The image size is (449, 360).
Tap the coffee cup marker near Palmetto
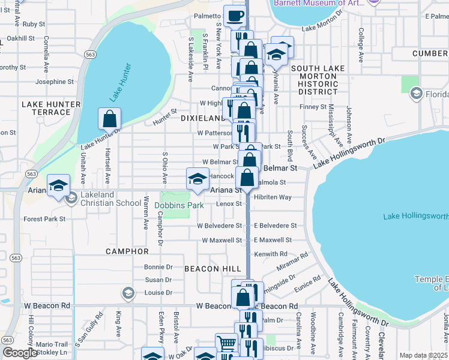235,16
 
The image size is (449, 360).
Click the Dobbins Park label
179,205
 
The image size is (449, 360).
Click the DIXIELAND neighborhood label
202,118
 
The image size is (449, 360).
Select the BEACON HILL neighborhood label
209,268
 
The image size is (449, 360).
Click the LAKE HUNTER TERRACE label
51,108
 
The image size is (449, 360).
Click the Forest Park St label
44,219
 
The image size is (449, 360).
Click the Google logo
20,353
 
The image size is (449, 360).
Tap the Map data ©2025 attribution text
423,355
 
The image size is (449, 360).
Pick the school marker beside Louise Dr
127,293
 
